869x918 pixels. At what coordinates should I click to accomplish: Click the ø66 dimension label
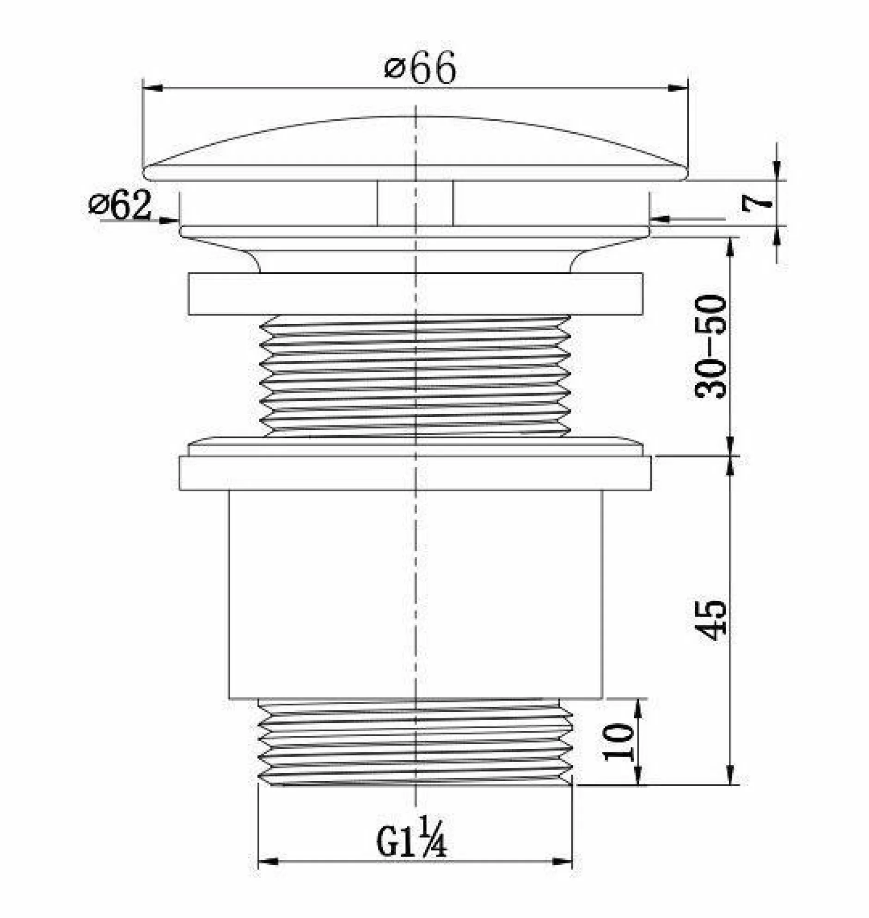[420, 68]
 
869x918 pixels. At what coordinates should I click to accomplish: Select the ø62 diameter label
[120, 204]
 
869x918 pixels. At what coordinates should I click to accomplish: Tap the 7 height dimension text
[757, 203]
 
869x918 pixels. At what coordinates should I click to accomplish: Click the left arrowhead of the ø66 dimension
[153, 87]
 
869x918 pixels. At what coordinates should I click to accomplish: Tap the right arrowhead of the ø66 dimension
[678, 87]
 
